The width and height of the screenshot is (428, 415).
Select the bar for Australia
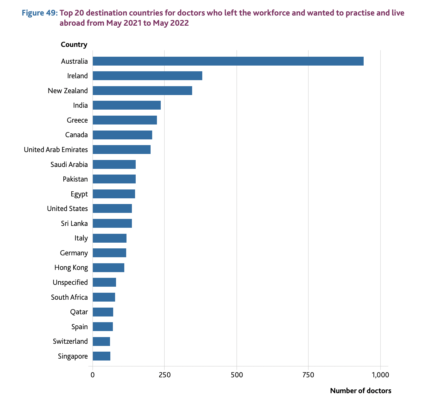click(x=228, y=61)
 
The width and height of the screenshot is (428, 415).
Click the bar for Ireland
click(x=147, y=76)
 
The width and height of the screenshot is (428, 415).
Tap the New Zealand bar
click(x=142, y=91)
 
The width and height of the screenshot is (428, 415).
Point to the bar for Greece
click(x=125, y=120)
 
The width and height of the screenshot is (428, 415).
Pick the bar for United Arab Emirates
click(x=121, y=150)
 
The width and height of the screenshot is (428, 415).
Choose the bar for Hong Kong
click(x=108, y=268)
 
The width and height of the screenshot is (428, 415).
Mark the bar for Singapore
click(x=101, y=356)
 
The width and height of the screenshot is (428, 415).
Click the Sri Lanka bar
click(x=112, y=223)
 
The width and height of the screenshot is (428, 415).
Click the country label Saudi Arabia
click(x=69, y=164)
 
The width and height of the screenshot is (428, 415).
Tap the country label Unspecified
click(x=70, y=282)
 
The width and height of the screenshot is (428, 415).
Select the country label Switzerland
click(x=70, y=341)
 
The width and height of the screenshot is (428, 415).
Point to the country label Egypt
click(x=79, y=194)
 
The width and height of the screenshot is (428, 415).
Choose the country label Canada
click(x=76, y=135)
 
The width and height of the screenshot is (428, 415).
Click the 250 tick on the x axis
click(x=165, y=375)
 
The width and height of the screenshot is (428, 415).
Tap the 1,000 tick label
click(x=380, y=375)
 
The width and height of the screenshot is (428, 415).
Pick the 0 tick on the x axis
click(x=93, y=375)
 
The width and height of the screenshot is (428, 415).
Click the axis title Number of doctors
click(x=360, y=391)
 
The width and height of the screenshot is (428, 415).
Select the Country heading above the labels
click(x=74, y=44)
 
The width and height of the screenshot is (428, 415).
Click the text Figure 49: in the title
click(x=40, y=13)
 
